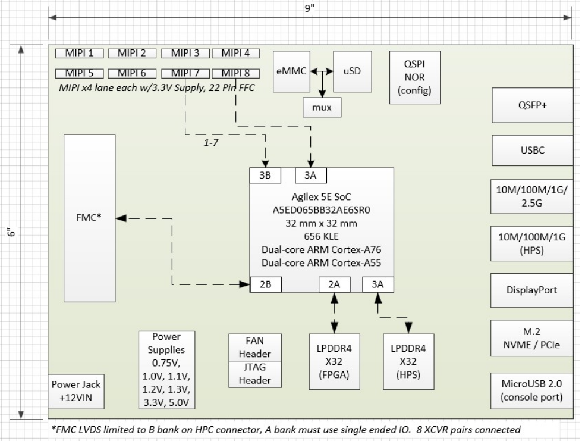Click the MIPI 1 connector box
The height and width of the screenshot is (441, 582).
click(x=80, y=53)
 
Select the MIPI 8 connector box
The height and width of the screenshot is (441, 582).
click(x=235, y=73)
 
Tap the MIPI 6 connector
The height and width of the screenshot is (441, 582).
click(x=131, y=73)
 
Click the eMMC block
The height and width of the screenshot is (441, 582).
click(x=291, y=71)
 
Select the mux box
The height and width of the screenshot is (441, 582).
click(x=322, y=108)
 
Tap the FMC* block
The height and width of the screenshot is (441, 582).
click(x=89, y=218)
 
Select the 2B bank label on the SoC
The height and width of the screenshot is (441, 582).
click(x=266, y=285)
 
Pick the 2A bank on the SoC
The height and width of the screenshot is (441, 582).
click(x=334, y=285)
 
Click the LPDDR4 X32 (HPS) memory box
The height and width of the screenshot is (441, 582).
click(x=408, y=362)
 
